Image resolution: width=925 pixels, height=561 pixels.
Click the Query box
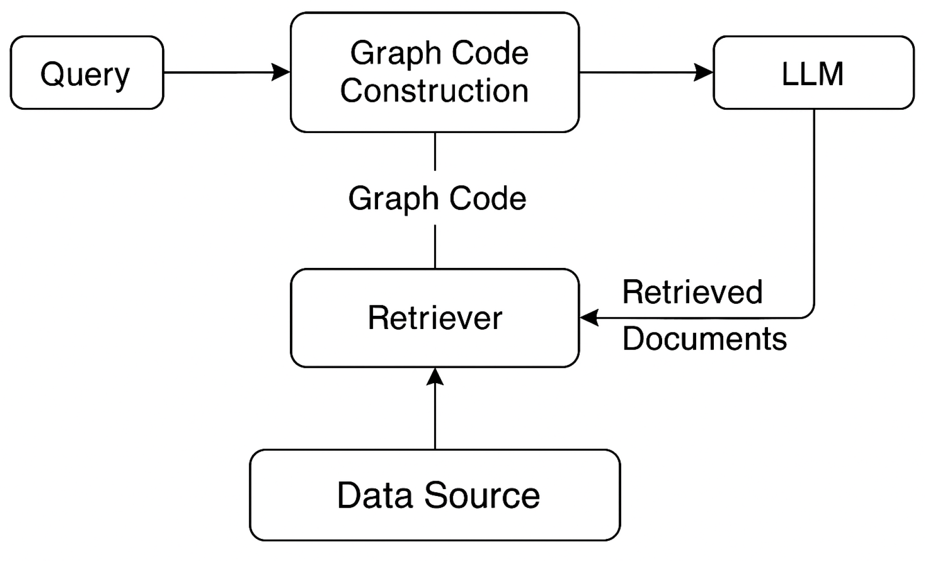coord(87,73)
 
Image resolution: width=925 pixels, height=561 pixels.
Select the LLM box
coord(813,73)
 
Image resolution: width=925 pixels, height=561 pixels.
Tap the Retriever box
coord(435,318)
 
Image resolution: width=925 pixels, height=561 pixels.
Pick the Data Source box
coord(435,495)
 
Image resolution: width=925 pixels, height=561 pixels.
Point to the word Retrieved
coord(692,292)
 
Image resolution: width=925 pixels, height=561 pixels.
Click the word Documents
coord(704,339)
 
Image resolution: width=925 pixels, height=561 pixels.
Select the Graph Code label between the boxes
coord(437,198)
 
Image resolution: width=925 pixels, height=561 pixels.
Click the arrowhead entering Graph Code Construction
coord(282,72)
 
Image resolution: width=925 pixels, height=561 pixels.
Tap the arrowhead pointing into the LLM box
coord(704,72)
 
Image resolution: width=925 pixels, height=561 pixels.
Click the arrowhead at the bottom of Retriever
coord(435,377)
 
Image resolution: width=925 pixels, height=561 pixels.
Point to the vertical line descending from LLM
coord(814,207)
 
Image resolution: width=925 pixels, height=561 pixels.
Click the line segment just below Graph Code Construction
coord(435,151)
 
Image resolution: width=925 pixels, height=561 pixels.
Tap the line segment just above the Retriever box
coord(435,247)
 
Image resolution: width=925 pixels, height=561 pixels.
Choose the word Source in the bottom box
coord(482,495)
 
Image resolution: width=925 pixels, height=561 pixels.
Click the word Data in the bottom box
coord(375,495)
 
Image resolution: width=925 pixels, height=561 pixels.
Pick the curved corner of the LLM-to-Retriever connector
coord(810,314)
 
